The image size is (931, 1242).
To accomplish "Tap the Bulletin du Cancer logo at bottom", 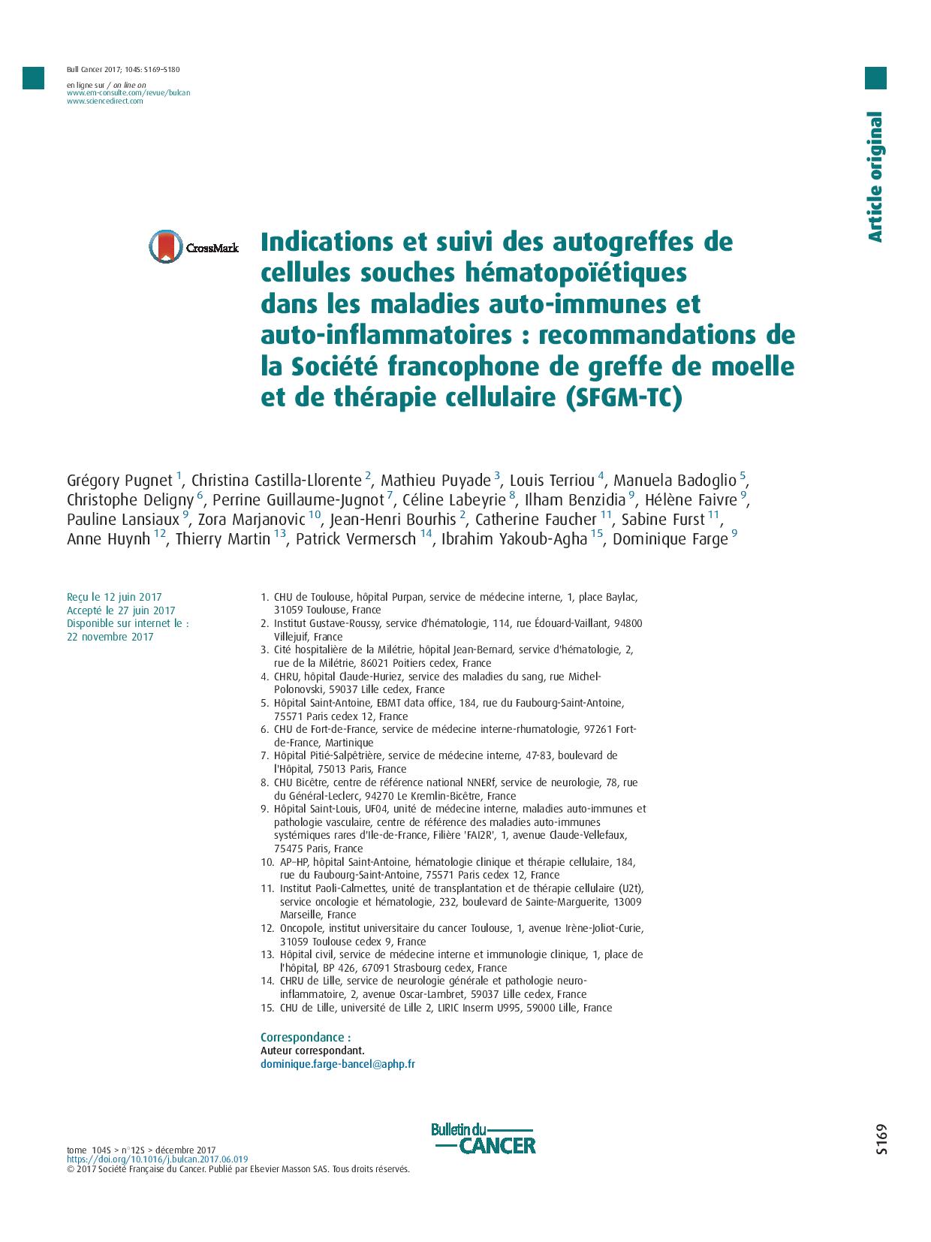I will [483, 1138].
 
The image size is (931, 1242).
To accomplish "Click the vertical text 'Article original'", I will [875, 176].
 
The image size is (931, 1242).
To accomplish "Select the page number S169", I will [881, 1139].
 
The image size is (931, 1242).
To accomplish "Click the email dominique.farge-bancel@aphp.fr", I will [337, 1064].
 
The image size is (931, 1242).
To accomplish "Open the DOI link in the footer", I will [157, 1159].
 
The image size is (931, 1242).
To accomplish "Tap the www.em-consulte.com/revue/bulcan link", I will [128, 92].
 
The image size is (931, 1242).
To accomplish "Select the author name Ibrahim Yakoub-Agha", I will [514, 538].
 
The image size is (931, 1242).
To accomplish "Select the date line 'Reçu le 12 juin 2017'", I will [114, 597].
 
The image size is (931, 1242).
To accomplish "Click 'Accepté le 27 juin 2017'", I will [120, 610].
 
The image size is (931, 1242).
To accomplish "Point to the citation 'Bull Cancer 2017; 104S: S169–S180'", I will [123, 70].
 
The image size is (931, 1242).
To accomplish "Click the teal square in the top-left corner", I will [33, 78].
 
